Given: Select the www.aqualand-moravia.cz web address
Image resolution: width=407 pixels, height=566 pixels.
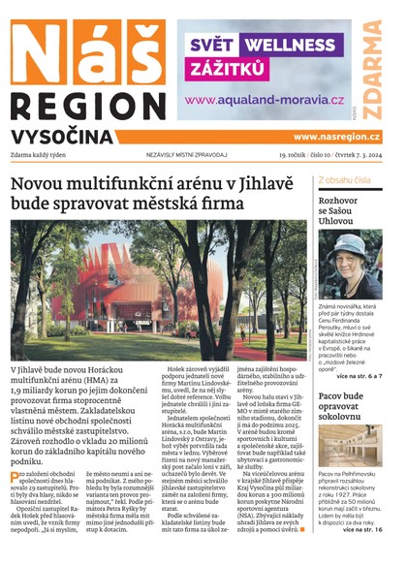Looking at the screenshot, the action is coord(265,100).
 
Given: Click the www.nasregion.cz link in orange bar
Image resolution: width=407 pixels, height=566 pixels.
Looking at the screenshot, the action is coord(336,137).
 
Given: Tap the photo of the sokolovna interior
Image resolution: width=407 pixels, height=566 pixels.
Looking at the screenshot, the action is coord(352,462).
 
